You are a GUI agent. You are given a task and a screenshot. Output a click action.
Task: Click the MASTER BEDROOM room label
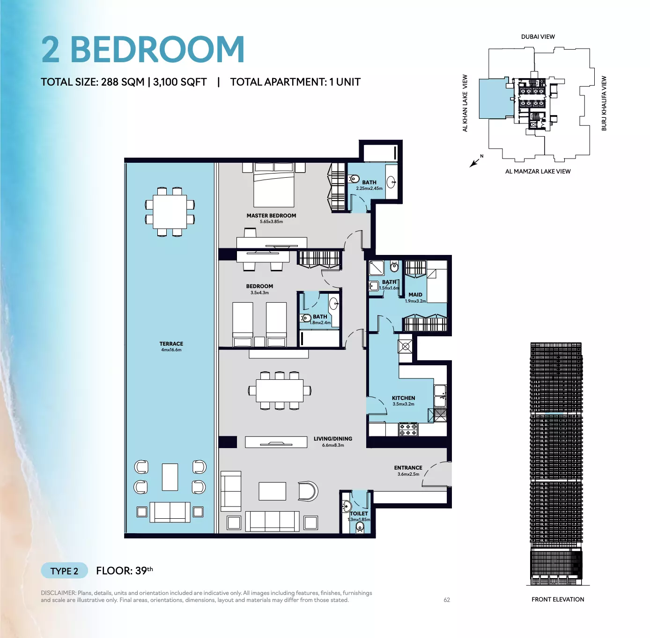coord(271,215)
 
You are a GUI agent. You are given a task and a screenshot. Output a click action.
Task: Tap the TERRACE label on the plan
coord(171,343)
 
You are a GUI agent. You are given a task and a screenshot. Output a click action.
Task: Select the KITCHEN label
coord(403,398)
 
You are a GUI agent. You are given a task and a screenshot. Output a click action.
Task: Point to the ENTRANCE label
coord(408,467)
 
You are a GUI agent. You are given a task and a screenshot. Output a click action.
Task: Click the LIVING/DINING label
coord(332,438)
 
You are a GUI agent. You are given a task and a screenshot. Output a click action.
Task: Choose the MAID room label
coord(415,295)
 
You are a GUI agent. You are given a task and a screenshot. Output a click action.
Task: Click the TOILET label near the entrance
coord(359,513)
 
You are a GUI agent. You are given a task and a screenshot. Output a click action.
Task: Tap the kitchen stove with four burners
coord(408,429)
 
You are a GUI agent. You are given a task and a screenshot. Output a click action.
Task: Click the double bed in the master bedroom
coord(273,185)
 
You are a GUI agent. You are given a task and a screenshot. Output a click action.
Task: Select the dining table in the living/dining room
coord(279,390)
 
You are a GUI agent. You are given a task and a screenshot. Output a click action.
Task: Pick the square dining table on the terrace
coord(170,212)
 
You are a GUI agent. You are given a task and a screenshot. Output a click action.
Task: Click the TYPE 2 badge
coord(64,571)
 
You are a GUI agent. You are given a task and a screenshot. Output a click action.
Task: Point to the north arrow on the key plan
coord(475,162)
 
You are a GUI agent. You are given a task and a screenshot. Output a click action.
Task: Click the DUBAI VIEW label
coord(538,37)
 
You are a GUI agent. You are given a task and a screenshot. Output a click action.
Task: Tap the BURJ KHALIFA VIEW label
coord(604,103)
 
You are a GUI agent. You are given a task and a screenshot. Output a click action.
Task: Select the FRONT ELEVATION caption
coord(558,599)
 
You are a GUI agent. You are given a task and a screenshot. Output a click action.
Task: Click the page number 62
coord(447,600)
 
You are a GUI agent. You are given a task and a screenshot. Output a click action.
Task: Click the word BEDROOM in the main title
coord(157,49)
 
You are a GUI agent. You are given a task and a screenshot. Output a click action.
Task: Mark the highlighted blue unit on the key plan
coord(494,98)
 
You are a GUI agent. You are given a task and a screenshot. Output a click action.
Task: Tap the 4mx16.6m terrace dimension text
coord(171,350)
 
